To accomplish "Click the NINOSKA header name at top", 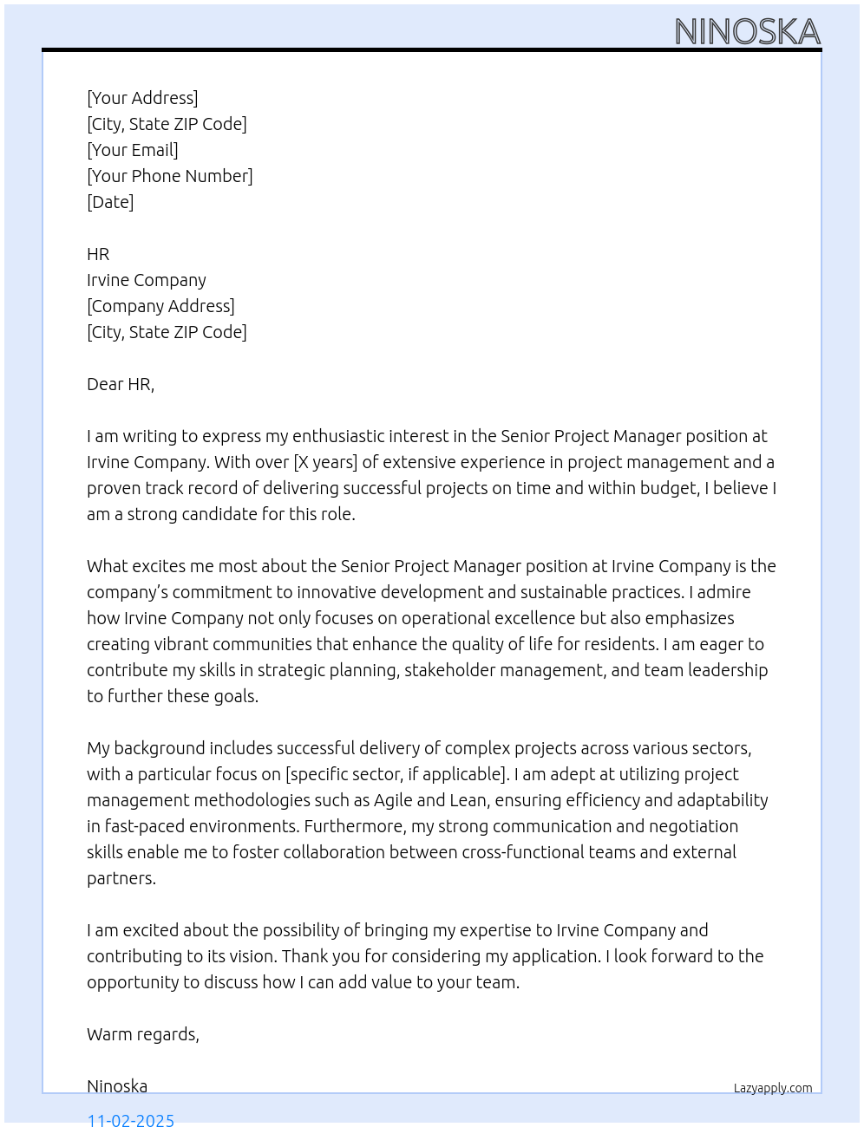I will (747, 32).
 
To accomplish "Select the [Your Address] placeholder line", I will (142, 98).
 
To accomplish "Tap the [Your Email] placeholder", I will (133, 150).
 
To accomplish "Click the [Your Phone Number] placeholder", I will (170, 176).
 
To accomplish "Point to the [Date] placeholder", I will (110, 202).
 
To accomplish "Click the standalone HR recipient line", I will (98, 254).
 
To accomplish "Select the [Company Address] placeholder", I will (160, 306).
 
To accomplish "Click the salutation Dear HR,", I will (121, 384).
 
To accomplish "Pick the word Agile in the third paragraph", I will (396, 800).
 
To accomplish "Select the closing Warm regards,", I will (143, 1034).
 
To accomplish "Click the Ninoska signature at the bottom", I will (117, 1086).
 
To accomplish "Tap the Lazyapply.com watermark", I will (773, 1088).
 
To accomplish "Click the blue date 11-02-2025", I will (131, 1119).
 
